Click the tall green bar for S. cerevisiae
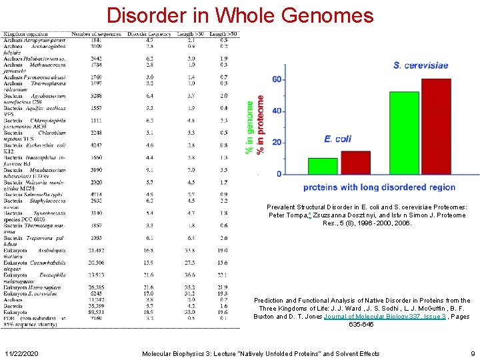click(404, 133)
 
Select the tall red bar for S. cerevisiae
click(436, 127)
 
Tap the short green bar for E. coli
click(323, 165)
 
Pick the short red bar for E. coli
click(355, 162)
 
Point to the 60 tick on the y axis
click(277, 79)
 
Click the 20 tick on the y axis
click(277, 142)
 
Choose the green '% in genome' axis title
click(250, 129)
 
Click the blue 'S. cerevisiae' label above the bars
click(421, 65)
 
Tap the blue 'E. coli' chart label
click(337, 139)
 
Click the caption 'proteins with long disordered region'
click(379, 187)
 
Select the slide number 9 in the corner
click(472, 353)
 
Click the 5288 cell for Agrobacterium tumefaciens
click(97, 95)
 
